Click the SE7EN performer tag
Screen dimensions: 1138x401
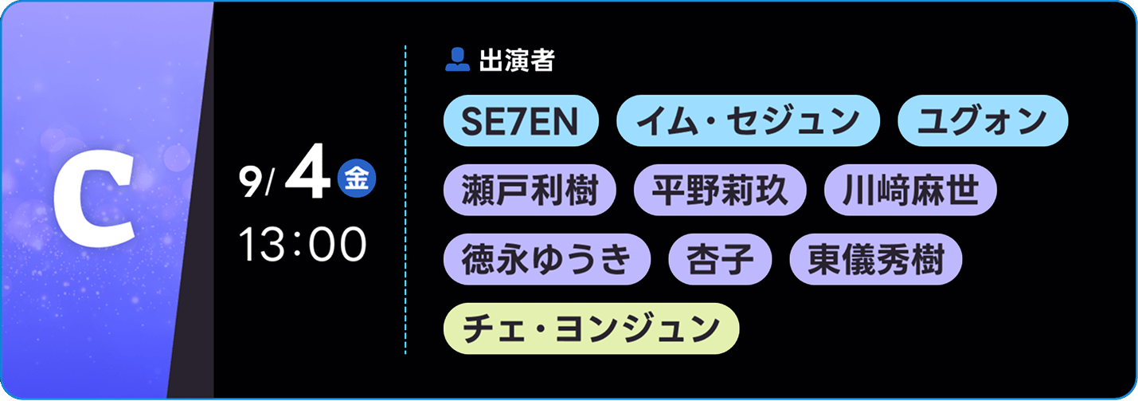(x=521, y=120)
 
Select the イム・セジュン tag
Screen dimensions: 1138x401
(x=748, y=120)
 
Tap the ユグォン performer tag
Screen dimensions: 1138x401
(x=983, y=120)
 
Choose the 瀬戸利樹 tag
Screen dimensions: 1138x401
(x=530, y=190)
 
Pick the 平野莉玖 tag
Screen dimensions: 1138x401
(x=720, y=190)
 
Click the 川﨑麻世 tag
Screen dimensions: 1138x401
(x=910, y=190)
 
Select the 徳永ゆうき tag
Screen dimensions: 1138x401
(x=546, y=259)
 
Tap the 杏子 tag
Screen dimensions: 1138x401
(x=720, y=259)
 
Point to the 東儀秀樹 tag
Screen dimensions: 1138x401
(x=876, y=259)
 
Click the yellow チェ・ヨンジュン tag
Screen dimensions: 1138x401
(x=592, y=328)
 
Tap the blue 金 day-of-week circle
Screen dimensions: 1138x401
(x=357, y=179)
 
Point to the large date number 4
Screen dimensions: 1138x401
(x=308, y=172)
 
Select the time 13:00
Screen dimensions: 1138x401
(x=303, y=244)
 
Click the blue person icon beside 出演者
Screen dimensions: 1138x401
(x=457, y=60)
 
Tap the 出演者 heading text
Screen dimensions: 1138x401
(x=517, y=60)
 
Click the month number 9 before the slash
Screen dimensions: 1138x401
(x=250, y=183)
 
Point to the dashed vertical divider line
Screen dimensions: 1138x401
(x=405, y=199)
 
